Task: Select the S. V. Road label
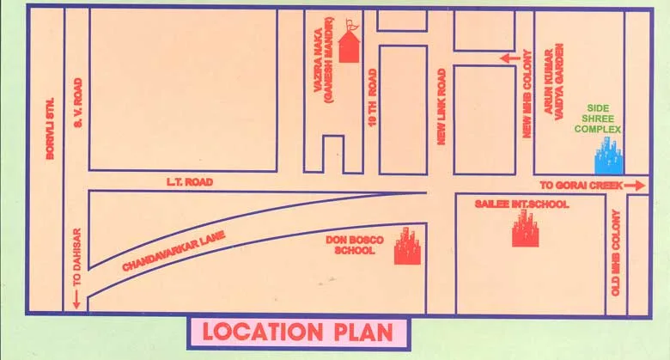[x=78, y=108]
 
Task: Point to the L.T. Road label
[x=189, y=182]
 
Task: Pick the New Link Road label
[x=442, y=107]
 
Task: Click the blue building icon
[x=610, y=158]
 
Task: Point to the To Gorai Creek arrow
[x=636, y=185]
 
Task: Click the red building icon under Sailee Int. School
[x=524, y=229]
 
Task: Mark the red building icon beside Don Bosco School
[x=405, y=247]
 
